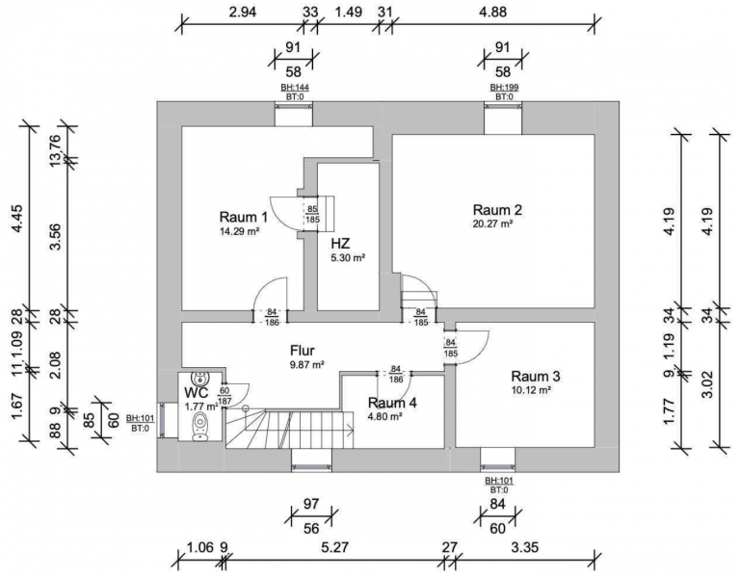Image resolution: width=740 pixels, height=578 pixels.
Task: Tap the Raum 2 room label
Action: click(497, 210)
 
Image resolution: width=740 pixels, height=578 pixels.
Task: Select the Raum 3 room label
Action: click(536, 376)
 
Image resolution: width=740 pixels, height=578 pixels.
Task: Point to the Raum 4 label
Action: click(392, 403)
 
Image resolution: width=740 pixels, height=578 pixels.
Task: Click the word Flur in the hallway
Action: click(303, 351)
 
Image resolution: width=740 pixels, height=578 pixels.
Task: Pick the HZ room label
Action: click(340, 243)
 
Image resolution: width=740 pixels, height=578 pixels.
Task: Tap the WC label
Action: click(197, 393)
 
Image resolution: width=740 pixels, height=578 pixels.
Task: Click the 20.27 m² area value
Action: click(491, 224)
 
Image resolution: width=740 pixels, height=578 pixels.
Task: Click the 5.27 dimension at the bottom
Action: click(335, 549)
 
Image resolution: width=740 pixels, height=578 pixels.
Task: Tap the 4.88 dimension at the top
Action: click(491, 13)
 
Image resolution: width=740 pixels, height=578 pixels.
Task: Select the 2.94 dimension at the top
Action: click(242, 13)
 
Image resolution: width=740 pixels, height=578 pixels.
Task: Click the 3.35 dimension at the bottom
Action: click(526, 549)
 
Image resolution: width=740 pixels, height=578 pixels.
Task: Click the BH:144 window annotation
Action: click(295, 88)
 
